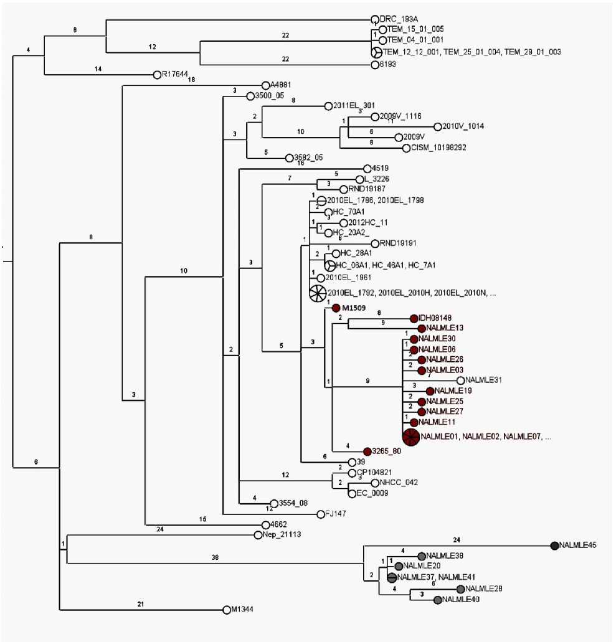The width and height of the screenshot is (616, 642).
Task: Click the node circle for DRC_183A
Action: pyautogui.click(x=375, y=19)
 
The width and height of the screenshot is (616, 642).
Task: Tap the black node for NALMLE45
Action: pyautogui.click(x=554, y=545)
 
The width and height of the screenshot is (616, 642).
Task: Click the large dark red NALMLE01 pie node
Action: pyautogui.click(x=410, y=437)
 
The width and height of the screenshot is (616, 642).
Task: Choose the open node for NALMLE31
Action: pyautogui.click(x=460, y=380)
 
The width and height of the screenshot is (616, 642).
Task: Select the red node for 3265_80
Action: pyautogui.click(x=367, y=451)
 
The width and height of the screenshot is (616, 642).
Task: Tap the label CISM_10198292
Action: pyautogui.click(x=438, y=148)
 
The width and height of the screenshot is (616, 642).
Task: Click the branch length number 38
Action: pyautogui.click(x=215, y=559)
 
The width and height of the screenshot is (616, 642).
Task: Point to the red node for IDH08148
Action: pyautogui.click(x=414, y=318)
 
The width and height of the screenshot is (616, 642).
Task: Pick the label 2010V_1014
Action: pyautogui.click(x=463, y=126)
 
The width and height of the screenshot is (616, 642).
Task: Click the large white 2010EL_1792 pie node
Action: pyautogui.click(x=318, y=292)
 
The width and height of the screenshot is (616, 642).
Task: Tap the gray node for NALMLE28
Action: pyautogui.click(x=460, y=588)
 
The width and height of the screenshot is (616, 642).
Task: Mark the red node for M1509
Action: pyautogui.click(x=335, y=308)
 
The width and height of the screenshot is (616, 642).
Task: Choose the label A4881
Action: pyautogui.click(x=280, y=85)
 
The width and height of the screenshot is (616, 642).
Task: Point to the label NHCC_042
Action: pyautogui.click(x=395, y=483)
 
